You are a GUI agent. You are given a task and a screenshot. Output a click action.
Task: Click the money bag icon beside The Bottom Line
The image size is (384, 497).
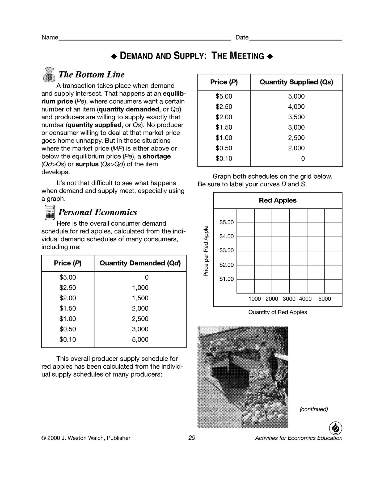pyautogui.click(x=49, y=75)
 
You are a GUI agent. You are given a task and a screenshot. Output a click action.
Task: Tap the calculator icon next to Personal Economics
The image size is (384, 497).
pyautogui.click(x=50, y=212)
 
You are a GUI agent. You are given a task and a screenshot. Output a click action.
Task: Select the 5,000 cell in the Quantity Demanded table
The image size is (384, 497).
pyautogui.click(x=140, y=339)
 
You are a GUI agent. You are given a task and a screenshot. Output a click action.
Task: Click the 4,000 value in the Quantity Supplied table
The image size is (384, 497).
pyautogui.click(x=296, y=107)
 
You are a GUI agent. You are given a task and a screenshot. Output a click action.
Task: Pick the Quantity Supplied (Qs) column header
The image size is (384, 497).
pyautogui.click(x=296, y=82)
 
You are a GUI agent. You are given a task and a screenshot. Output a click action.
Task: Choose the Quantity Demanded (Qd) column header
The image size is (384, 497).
pyautogui.click(x=140, y=263)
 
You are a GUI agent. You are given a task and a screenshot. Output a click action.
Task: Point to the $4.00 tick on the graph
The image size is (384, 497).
pyautogui.click(x=226, y=236)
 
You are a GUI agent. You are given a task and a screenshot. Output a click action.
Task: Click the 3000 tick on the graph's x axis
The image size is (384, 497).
pyautogui.click(x=289, y=299)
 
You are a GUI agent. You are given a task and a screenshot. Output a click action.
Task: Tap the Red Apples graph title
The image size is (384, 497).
pyautogui.click(x=278, y=200)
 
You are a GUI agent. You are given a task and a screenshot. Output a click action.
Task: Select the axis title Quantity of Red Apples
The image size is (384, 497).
pyautogui.click(x=278, y=312)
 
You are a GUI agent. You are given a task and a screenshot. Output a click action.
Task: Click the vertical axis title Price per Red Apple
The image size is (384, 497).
pyautogui.click(x=206, y=251)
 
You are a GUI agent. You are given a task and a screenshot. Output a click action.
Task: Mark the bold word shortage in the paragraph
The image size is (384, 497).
pyautogui.click(x=157, y=156)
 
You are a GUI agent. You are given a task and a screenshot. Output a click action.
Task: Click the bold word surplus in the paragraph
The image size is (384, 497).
pyautogui.click(x=87, y=164)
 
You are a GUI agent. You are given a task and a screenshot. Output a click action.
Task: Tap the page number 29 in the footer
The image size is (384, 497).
pyautogui.click(x=192, y=438)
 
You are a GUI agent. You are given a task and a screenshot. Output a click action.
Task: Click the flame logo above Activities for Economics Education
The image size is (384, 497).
pyautogui.click(x=336, y=428)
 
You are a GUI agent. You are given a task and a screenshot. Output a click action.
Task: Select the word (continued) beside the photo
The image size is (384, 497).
pyautogui.click(x=314, y=409)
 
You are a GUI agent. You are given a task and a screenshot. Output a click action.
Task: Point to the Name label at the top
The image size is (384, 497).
pyautogui.click(x=50, y=37)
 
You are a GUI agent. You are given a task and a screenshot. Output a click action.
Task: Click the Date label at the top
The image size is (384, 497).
pyautogui.click(x=242, y=37)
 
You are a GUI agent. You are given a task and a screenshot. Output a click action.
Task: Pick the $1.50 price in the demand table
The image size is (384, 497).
pyautogui.click(x=68, y=308)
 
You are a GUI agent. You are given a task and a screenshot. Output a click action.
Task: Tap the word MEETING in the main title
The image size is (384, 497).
pyautogui.click(x=247, y=56)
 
